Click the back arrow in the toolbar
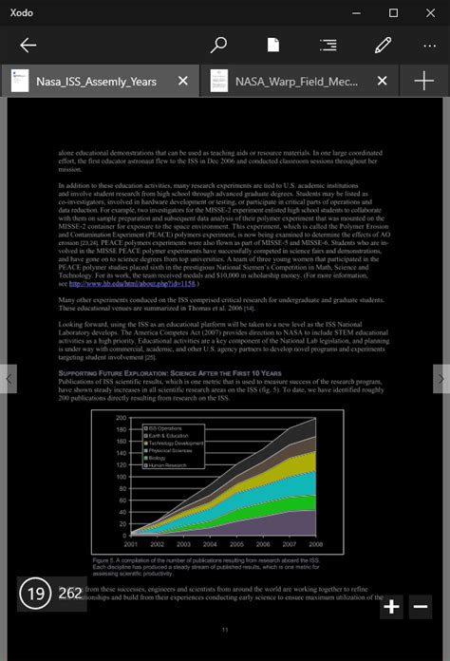coord(28,45)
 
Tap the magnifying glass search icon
coord(218,45)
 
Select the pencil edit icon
coord(384,45)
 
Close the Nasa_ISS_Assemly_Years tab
coord(183,81)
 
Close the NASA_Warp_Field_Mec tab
coord(383,81)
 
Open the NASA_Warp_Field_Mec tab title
coord(296,81)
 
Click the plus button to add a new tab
coord(423,81)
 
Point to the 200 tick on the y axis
coord(121,417)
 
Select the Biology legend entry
coord(157,458)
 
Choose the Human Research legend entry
coord(167,465)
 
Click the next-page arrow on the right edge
coord(440,378)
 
